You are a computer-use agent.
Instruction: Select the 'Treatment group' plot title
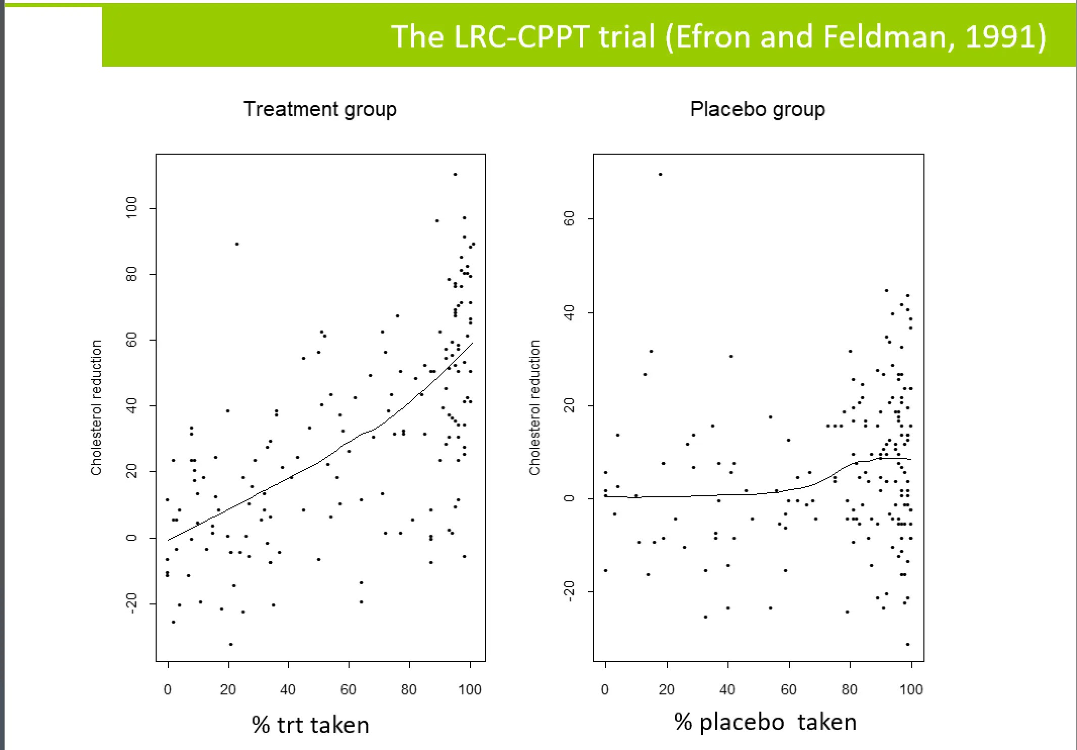coord(320,110)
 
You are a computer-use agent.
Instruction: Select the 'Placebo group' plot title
coord(757,110)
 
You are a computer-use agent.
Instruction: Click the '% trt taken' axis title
coord(310,725)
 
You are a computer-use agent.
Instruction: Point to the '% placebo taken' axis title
coord(765,722)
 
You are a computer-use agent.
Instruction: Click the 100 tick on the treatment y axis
coord(131,208)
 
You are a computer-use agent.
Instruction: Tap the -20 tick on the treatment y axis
coord(131,603)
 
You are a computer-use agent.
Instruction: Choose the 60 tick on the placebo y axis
coord(569,219)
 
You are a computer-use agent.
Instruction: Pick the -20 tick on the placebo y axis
coord(569,591)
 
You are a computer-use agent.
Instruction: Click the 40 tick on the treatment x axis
coord(288,690)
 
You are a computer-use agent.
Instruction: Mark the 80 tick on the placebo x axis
coord(850,690)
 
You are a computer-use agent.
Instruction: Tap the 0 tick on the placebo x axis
coord(605,690)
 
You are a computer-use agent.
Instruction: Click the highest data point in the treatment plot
coord(455,174)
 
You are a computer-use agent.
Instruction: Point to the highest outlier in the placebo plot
coord(660,174)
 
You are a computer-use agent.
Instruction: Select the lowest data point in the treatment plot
coord(231,644)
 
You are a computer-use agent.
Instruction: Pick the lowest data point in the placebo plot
coord(908,644)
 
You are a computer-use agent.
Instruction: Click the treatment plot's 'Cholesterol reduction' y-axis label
coord(96,407)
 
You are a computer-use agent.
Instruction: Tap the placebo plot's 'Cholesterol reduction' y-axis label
coord(534,407)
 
